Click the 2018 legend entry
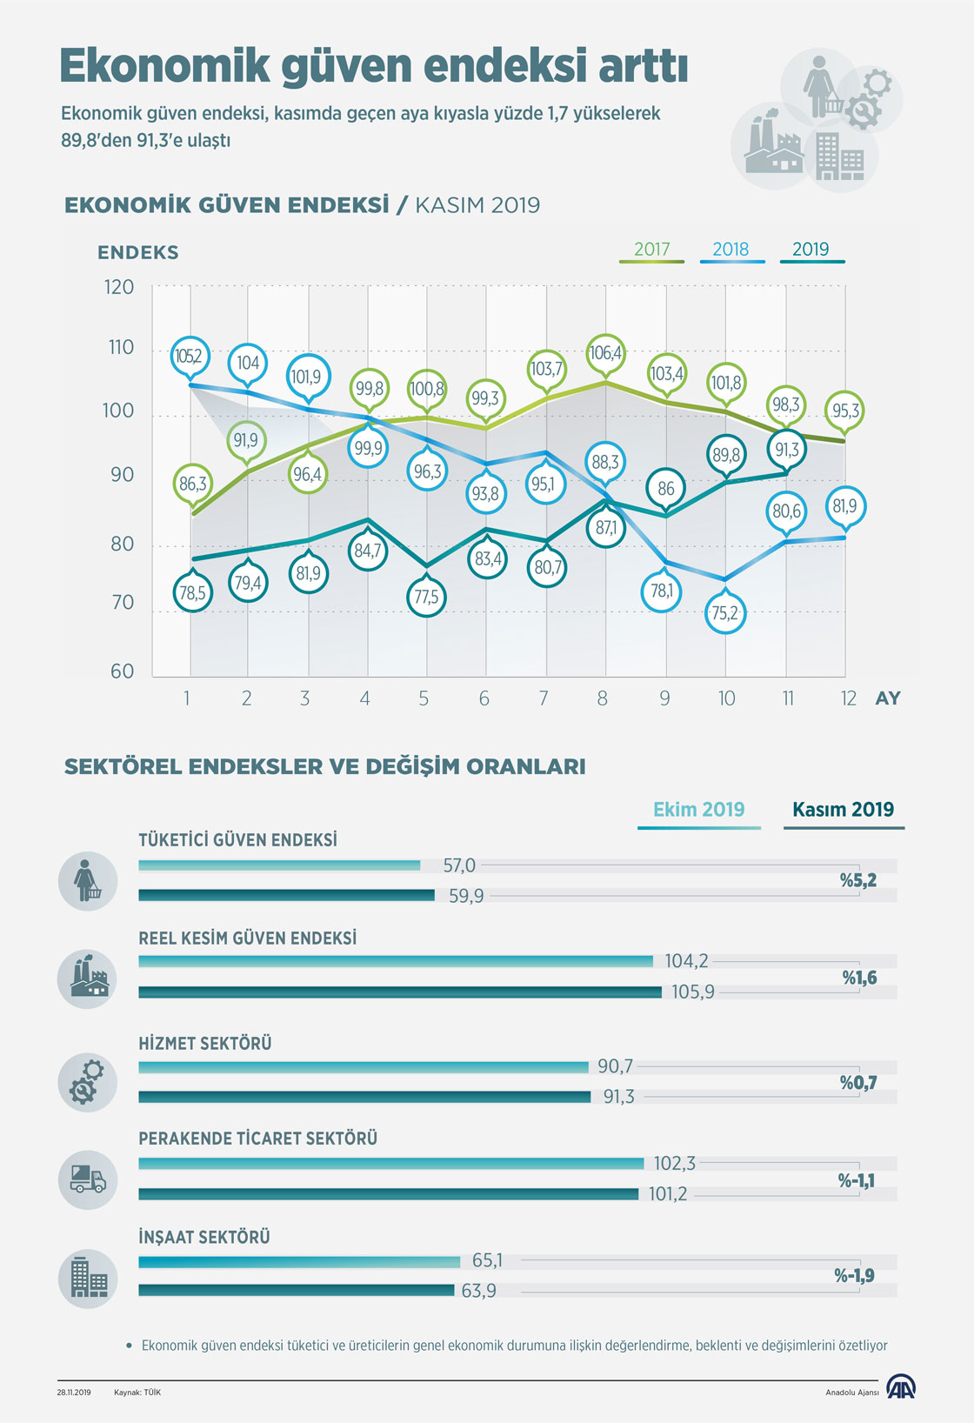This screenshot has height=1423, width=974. click(x=730, y=250)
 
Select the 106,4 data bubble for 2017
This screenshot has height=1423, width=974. click(x=606, y=353)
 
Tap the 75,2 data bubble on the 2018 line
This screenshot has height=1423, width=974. click(x=724, y=613)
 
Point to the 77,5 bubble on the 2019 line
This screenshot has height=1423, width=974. click(x=426, y=597)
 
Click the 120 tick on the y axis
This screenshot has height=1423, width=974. click(x=119, y=287)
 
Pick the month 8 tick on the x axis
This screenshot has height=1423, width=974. click(x=602, y=698)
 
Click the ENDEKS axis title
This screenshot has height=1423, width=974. click(x=137, y=252)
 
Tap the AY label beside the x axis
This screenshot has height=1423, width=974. click(x=888, y=698)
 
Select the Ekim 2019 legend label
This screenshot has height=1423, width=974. click(x=698, y=810)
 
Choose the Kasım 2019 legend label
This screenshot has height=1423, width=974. click(x=843, y=810)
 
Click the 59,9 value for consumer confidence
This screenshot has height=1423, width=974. click(x=466, y=896)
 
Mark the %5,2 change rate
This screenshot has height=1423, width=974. click(x=857, y=880)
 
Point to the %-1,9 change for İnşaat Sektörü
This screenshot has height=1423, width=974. click(x=854, y=1276)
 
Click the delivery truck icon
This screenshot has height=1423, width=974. click(x=88, y=1179)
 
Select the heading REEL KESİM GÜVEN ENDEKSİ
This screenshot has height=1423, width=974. click(x=248, y=939)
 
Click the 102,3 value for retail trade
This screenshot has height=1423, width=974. click(x=675, y=1164)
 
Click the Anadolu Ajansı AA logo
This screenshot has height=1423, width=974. click(x=900, y=1387)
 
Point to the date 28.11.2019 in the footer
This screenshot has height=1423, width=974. click(x=74, y=1393)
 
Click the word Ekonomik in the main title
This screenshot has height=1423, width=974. click(x=165, y=66)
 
